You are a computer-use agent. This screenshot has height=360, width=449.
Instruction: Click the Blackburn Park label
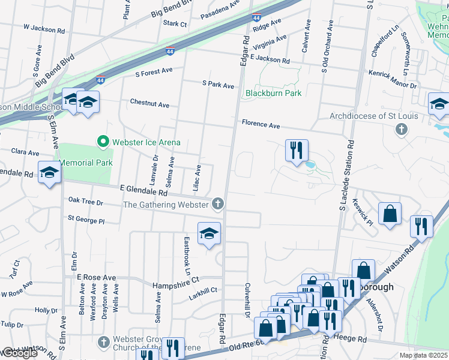(x=273, y=93)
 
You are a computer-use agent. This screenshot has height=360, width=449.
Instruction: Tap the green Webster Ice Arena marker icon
(x=103, y=142)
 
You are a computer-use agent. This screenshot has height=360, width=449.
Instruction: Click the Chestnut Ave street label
(x=149, y=104)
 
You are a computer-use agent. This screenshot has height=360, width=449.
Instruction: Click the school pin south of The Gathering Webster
(x=209, y=233)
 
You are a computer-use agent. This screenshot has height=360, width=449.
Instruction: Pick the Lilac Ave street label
(x=197, y=179)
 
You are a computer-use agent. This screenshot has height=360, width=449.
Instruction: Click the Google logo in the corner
(x=19, y=353)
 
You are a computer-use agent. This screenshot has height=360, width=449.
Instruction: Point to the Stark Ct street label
(x=175, y=23)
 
